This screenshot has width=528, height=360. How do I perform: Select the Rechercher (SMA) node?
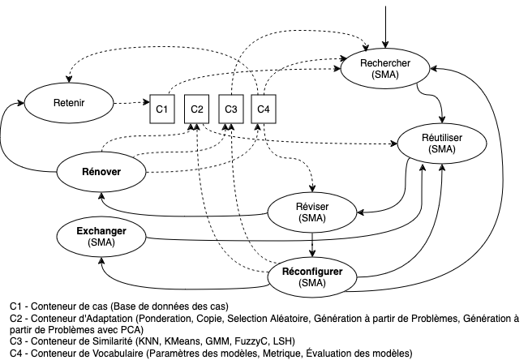(x=384, y=68)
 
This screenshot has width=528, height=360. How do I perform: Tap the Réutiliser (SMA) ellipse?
(x=442, y=144)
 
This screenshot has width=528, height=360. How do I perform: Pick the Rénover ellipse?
(x=101, y=171)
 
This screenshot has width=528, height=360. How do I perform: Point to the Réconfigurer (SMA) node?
(x=312, y=276)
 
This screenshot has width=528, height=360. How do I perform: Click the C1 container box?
(x=161, y=109)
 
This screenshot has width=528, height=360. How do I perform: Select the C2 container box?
(x=195, y=109)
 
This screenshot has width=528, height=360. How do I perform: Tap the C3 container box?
(x=230, y=109)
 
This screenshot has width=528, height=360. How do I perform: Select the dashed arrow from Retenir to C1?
(x=130, y=104)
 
